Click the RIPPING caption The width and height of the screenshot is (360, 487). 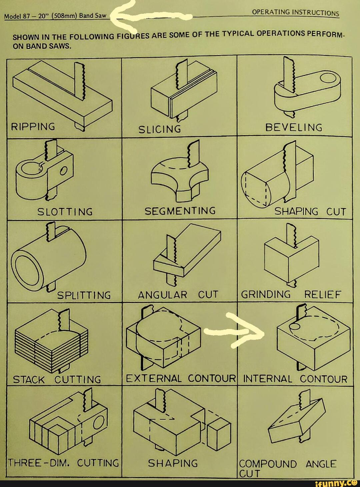click(x=33, y=127)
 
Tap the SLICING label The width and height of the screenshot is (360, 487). click(x=160, y=129)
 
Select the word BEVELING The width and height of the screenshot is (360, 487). click(x=294, y=127)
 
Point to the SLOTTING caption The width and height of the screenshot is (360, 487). click(x=65, y=212)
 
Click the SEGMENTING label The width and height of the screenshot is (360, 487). click(x=180, y=211)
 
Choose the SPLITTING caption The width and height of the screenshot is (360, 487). click(x=84, y=295)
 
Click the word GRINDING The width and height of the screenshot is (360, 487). click(x=266, y=294)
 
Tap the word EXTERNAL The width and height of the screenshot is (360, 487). click(x=154, y=379)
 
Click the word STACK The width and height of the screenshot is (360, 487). click(x=29, y=380)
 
